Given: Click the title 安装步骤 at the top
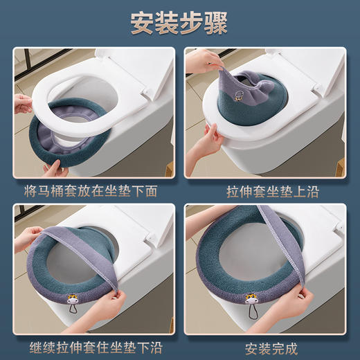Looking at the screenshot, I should pyautogui.click(x=180, y=22).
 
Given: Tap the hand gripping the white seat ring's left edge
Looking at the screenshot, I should pyautogui.click(x=24, y=104).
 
